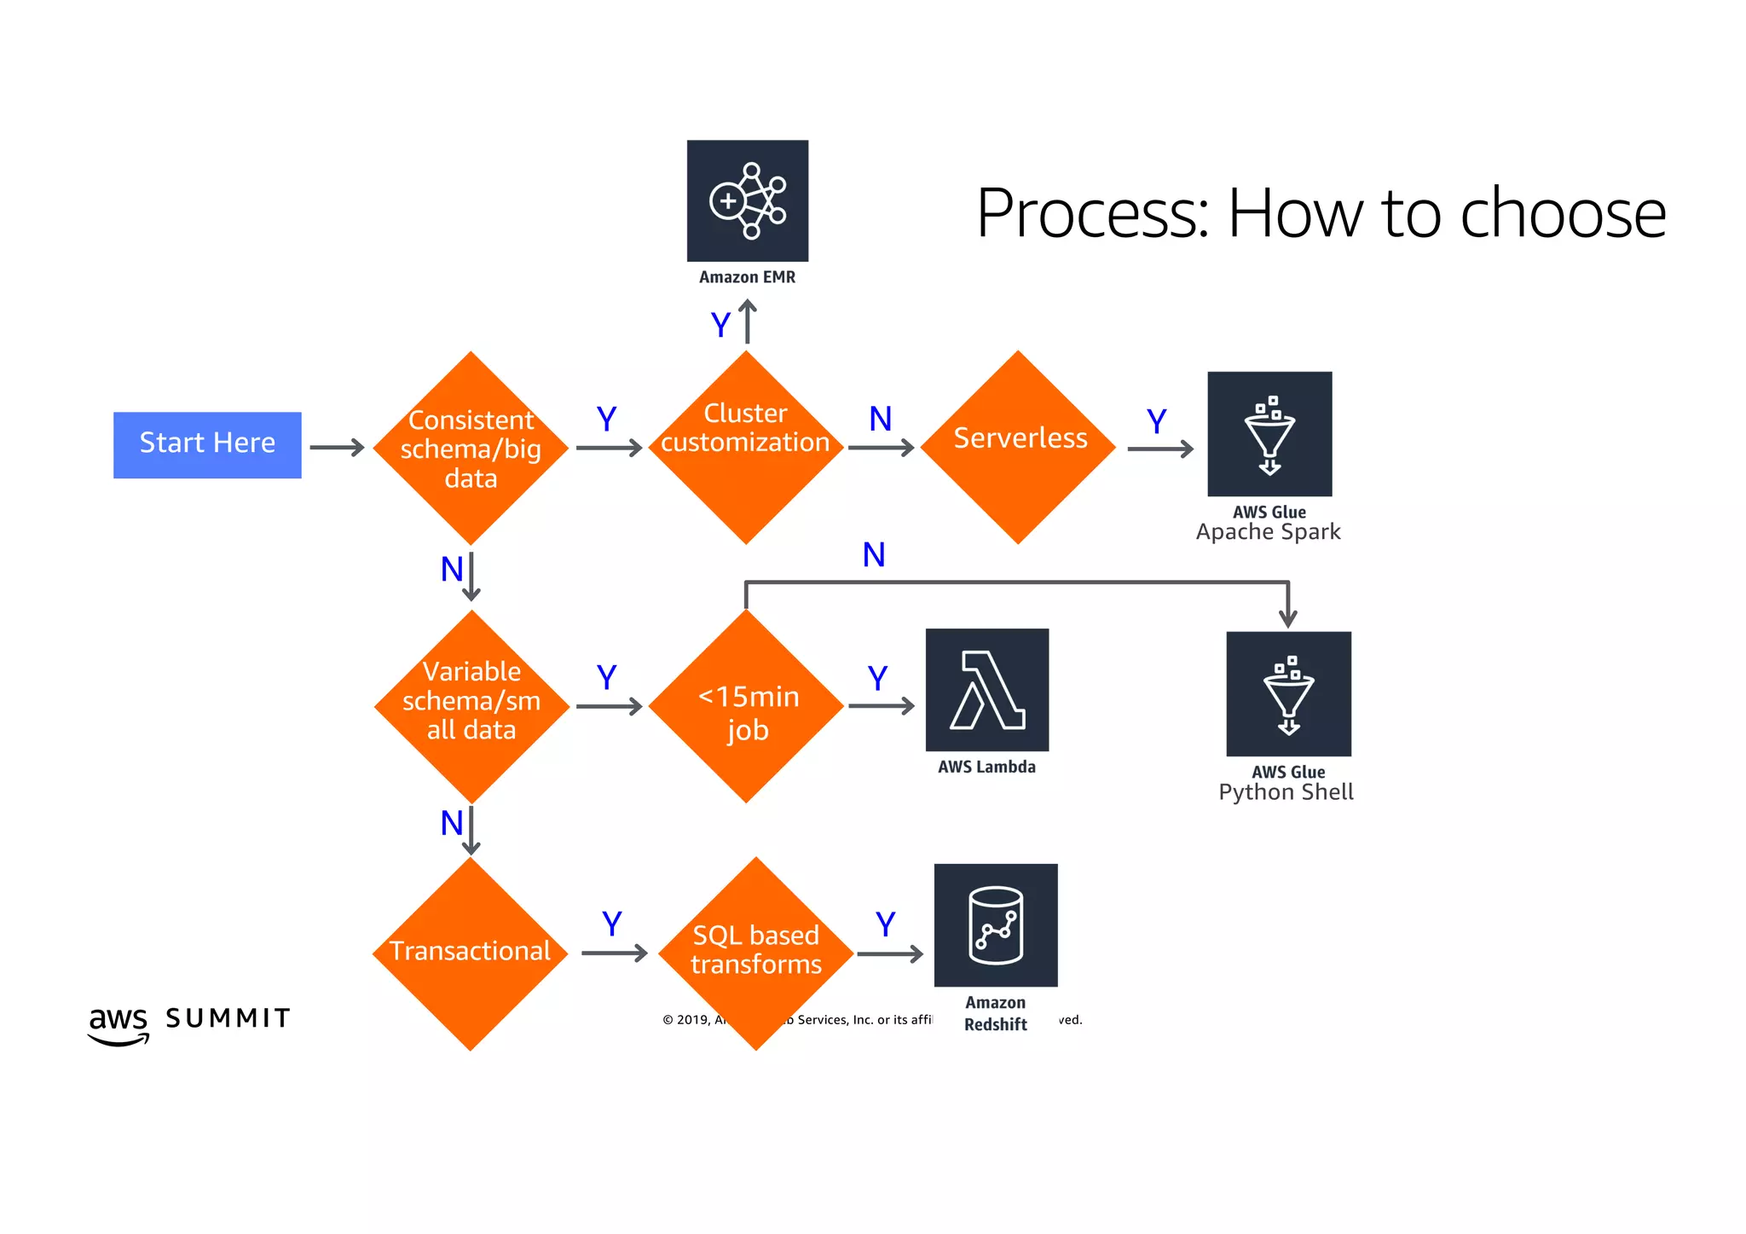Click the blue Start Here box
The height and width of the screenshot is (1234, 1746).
coord(207,444)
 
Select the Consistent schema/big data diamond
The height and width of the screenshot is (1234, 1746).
coord(471,449)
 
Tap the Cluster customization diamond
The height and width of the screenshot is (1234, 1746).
coord(746,448)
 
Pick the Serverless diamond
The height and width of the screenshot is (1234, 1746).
coord(1018,448)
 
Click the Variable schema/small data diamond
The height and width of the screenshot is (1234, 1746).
coord(471,706)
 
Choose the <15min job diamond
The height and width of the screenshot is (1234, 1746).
coord(746,707)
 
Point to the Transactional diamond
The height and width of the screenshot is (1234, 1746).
coord(470,953)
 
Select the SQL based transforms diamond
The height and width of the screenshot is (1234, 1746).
coord(755,953)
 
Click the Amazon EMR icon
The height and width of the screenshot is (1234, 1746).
coord(748,201)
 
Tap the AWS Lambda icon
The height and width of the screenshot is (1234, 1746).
coord(987,690)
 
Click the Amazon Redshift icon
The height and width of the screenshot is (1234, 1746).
coord(996,925)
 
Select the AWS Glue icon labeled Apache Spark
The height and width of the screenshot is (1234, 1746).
coord(1269,434)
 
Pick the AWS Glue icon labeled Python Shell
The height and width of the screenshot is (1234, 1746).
coord(1288,693)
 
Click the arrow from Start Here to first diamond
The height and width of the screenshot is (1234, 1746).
coord(337,448)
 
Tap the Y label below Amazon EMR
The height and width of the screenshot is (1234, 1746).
coord(720,326)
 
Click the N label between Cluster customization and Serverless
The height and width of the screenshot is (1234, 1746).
coord(880,419)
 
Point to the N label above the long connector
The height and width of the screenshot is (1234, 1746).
coord(874,555)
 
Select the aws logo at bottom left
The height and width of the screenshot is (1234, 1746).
coord(119,1023)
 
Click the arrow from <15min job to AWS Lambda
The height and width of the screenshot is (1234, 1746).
coord(882,706)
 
